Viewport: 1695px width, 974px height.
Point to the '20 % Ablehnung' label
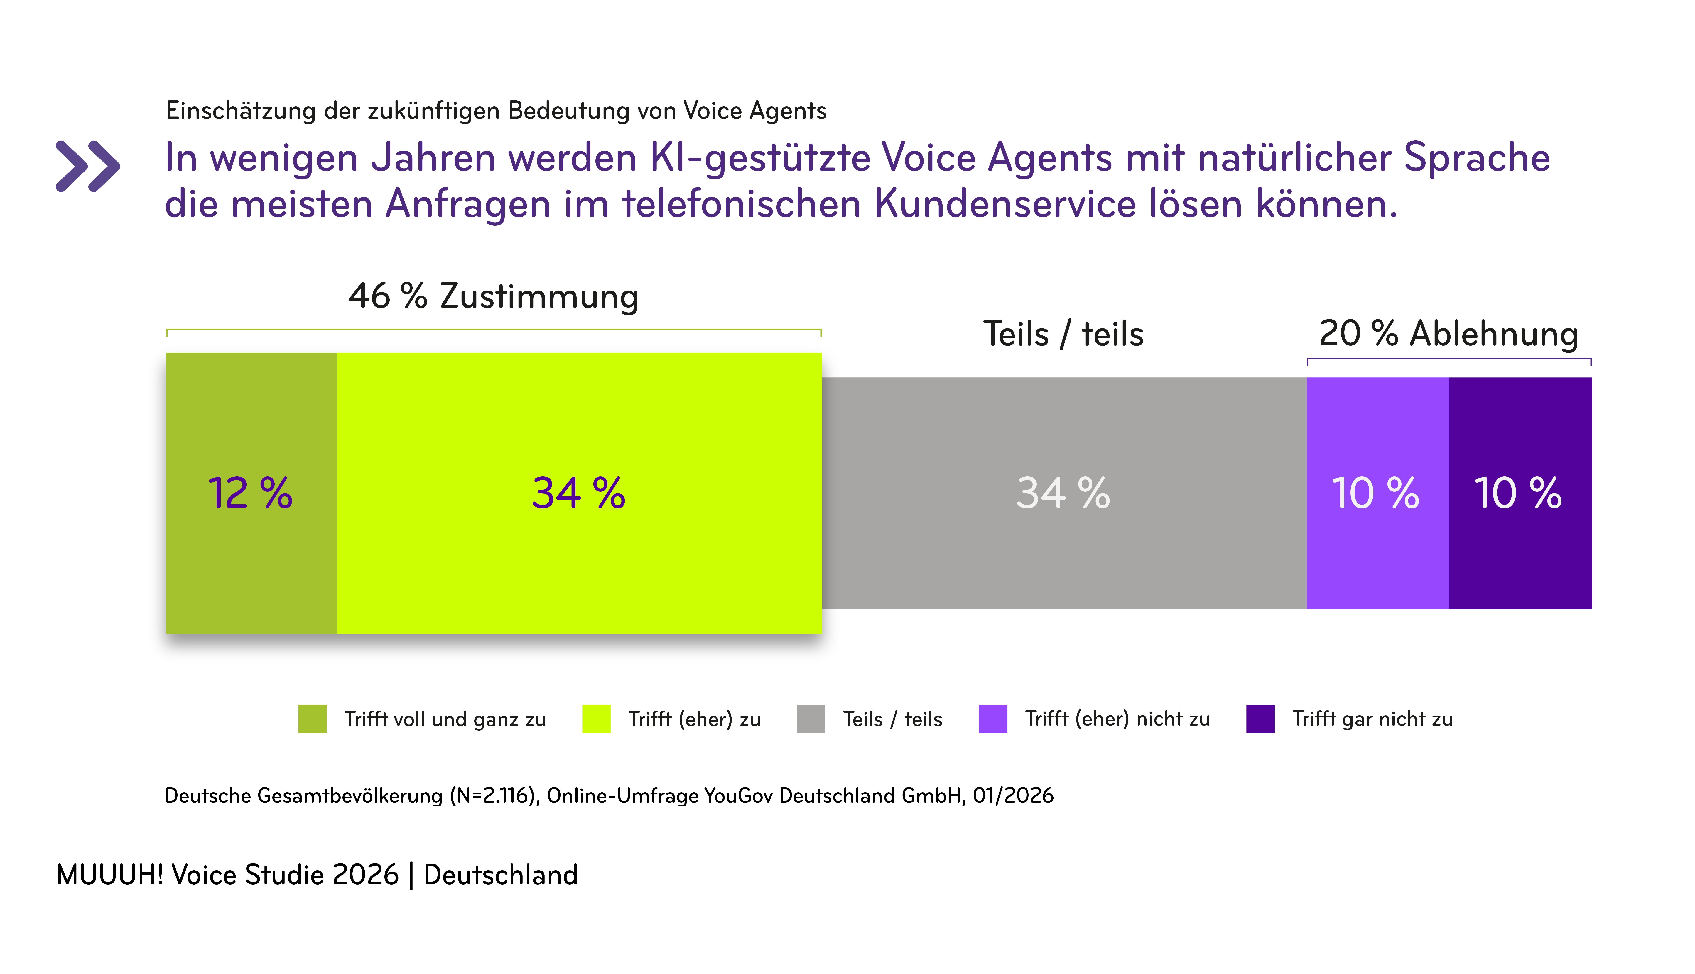[x=1448, y=333]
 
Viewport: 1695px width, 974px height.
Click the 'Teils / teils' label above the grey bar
[x=1063, y=334]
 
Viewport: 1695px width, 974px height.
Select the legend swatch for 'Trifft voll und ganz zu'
[x=313, y=719]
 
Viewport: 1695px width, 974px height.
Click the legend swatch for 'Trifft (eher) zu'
[x=596, y=719]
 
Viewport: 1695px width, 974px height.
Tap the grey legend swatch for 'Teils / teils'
[x=811, y=719]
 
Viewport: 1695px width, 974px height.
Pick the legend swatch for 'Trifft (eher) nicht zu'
[x=993, y=719]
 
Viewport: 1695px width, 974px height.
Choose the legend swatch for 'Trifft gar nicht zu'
[x=1260, y=719]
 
